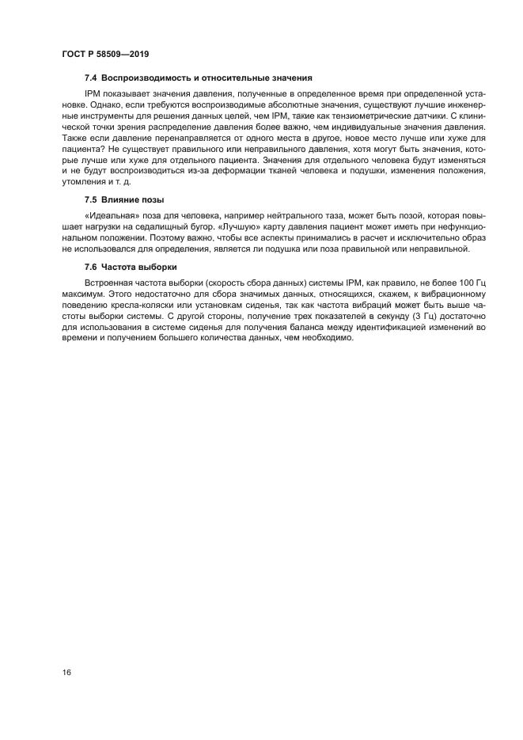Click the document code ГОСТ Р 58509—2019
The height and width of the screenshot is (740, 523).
pyautogui.click(x=105, y=55)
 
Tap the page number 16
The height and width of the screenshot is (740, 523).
pyautogui.click(x=67, y=672)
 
